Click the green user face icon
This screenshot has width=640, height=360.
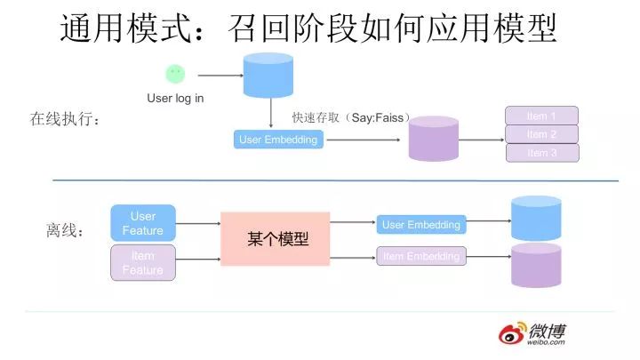[175, 75]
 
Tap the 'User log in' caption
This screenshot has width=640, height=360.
[175, 98]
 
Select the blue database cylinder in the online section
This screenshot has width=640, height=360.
[268, 75]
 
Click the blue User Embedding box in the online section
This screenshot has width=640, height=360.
[278, 140]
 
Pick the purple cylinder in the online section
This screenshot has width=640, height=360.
[433, 139]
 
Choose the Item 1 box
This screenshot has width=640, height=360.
[541, 116]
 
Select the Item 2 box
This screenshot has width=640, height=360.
[541, 134]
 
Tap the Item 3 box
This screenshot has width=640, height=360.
[541, 153]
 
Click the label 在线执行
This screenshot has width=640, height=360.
[66, 118]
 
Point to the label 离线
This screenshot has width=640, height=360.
[65, 231]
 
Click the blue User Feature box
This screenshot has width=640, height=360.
[143, 223]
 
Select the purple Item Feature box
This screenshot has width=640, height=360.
[143, 263]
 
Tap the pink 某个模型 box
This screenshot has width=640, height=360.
[275, 238]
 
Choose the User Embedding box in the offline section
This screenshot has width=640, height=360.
[420, 225]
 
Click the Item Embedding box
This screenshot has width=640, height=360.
[420, 256]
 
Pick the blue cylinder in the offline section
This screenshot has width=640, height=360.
[536, 219]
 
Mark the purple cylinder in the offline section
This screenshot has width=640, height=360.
[536, 265]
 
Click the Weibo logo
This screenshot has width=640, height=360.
[533, 335]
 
